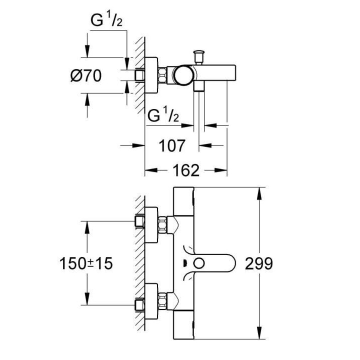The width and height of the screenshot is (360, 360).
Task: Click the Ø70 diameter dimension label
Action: (x=86, y=75)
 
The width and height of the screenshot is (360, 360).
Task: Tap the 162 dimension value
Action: (x=186, y=170)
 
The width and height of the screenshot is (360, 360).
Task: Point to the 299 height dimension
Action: (x=259, y=263)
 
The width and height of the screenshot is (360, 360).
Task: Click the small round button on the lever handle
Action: (x=201, y=263)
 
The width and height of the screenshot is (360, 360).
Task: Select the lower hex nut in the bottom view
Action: (x=162, y=302)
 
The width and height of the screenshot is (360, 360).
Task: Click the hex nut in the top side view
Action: (x=162, y=75)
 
